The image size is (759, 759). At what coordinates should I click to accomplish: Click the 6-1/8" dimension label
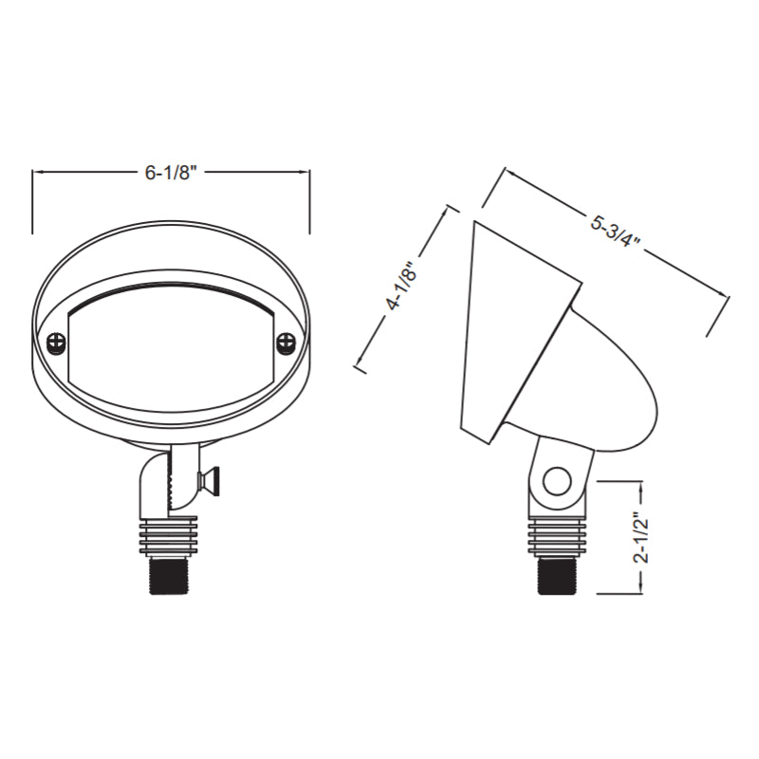click(171, 173)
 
